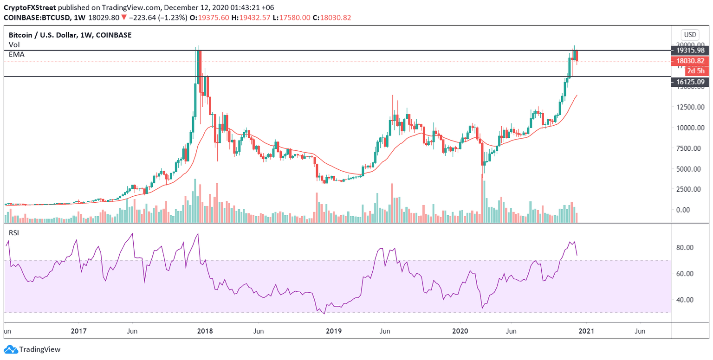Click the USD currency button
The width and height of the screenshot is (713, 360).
pos(690,34)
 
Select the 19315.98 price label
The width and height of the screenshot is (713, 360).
pos(690,50)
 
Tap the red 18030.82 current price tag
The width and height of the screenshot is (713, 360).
pos(690,61)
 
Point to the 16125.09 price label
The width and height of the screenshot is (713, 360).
pos(690,82)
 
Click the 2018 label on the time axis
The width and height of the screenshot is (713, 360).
pos(205,332)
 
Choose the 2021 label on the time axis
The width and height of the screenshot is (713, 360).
pos(586,332)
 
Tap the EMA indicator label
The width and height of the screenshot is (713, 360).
pos(17,54)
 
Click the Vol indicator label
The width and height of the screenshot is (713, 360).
pos(14,45)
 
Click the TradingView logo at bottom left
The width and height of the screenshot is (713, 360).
pos(32,349)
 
